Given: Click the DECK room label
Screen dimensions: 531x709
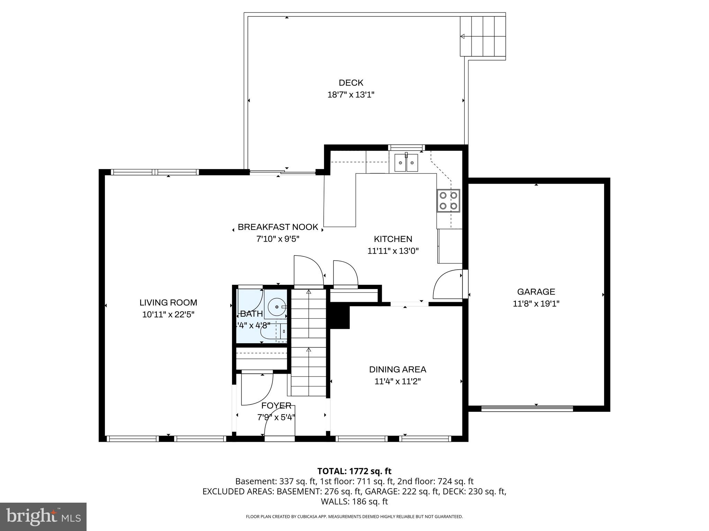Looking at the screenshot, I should tap(351, 83).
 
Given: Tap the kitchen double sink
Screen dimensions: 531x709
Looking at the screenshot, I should tap(406, 162).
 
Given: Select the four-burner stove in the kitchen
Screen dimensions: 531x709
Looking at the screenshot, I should tap(448, 201).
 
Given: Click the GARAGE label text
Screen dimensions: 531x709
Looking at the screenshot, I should tap(536, 292).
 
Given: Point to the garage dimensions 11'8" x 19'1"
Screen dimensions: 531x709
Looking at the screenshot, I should tap(536, 304).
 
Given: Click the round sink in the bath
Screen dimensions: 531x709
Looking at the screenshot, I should tap(277, 307).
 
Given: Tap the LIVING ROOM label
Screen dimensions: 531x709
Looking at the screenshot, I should tap(168, 302).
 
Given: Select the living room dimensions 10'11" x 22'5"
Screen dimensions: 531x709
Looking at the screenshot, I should tap(168, 315).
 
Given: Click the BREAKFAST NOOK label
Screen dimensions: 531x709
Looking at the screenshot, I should tap(278, 227).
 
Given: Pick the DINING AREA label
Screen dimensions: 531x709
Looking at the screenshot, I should tap(397, 370).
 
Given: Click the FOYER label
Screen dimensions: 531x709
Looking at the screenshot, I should tap(276, 406).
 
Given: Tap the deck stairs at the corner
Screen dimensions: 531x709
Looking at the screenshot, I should tap(483, 36).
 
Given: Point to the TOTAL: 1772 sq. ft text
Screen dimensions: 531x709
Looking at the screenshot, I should tap(354, 471).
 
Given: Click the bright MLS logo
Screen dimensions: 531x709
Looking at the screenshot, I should tap(43, 516).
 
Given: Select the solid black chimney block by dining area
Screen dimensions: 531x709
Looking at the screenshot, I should tap(339, 316).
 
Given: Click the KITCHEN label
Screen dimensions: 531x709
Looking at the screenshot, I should tap(393, 239).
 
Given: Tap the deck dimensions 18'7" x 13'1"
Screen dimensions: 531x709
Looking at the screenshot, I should tap(351, 95).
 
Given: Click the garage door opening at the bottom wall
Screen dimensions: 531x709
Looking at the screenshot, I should tap(527, 408).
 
